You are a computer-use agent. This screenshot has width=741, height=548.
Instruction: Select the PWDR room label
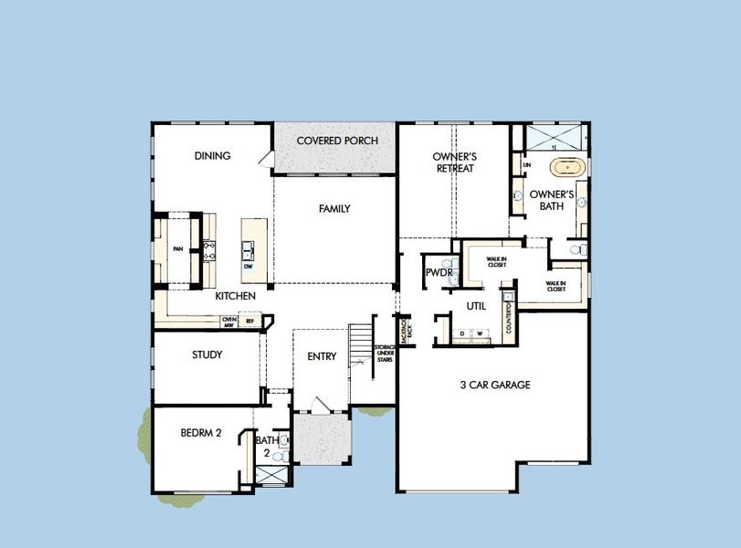[434, 274]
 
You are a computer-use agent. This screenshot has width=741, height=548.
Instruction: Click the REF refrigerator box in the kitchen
[249, 321]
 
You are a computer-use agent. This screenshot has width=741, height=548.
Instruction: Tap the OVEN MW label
[229, 321]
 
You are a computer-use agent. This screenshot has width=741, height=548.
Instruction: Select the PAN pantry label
[178, 247]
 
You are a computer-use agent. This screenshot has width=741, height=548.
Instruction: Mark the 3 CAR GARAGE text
[494, 385]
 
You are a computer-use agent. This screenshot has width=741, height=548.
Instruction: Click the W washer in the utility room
[478, 334]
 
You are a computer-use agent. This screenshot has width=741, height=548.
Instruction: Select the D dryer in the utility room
[461, 334]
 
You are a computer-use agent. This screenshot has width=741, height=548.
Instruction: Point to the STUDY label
[207, 354]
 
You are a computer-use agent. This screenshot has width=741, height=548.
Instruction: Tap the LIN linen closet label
[526, 164]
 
